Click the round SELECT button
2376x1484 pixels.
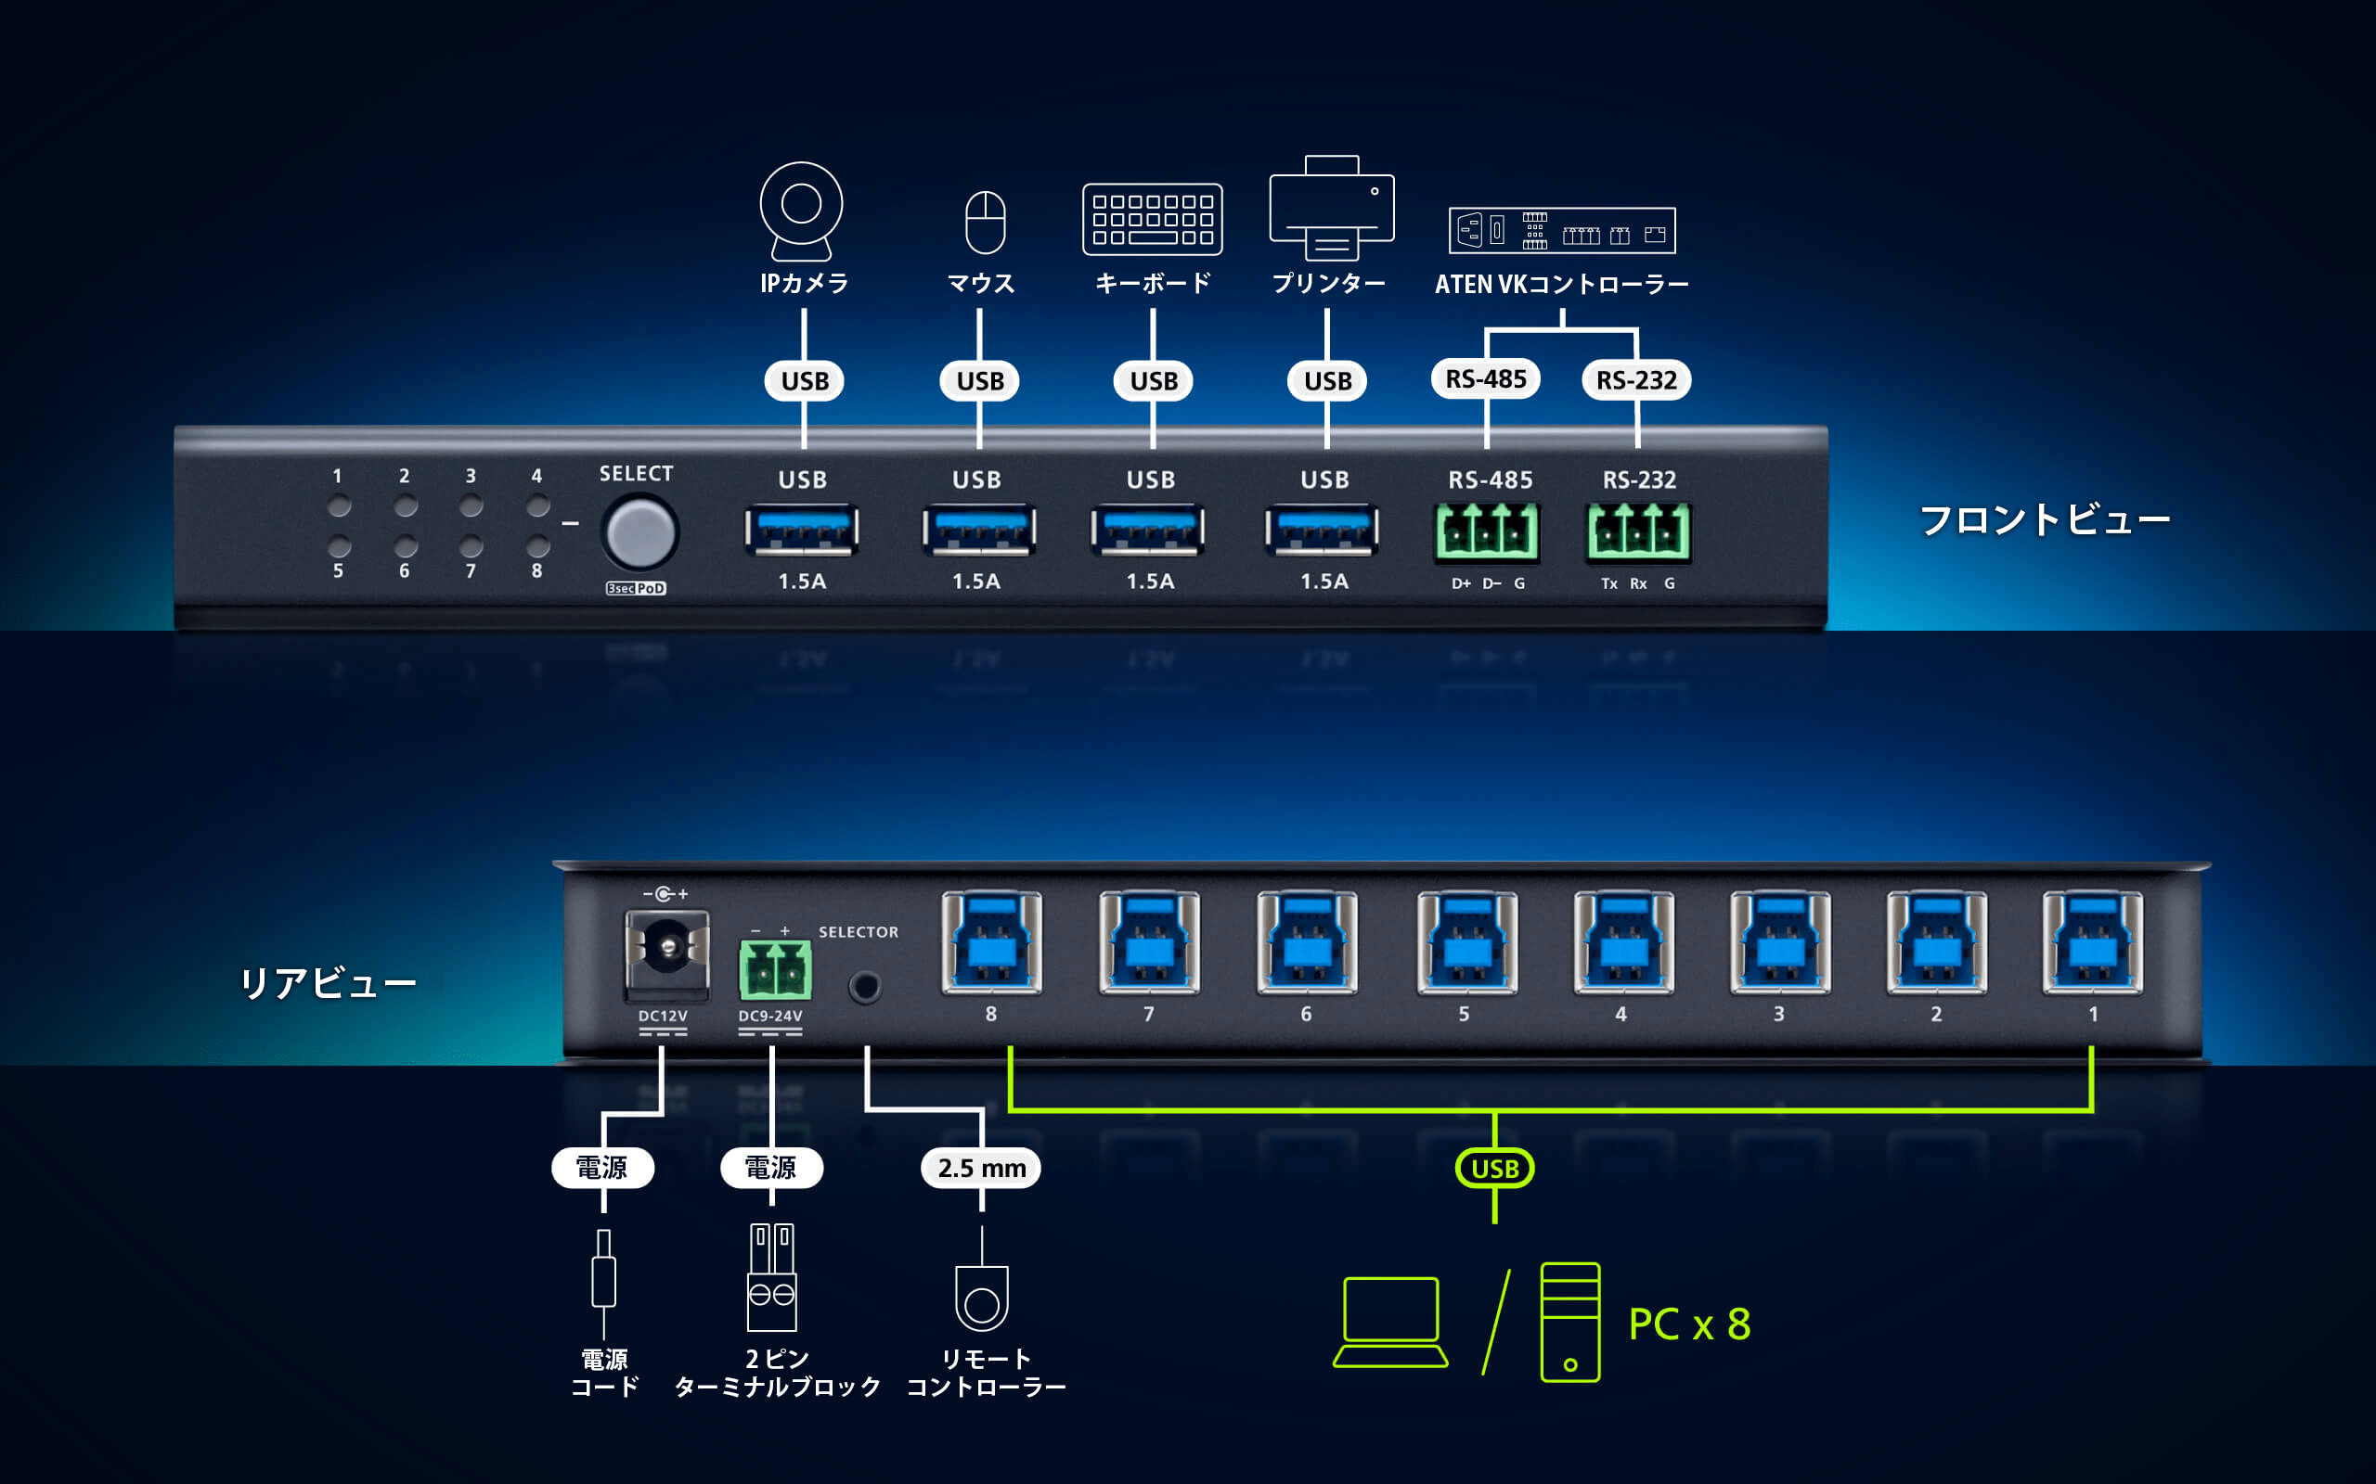pos(640,533)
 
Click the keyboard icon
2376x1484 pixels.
pos(1152,219)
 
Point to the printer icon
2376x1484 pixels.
pos(1331,207)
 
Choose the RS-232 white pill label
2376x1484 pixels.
pos(1635,380)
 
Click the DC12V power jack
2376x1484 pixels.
pos(667,949)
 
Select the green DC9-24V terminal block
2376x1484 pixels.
pos(775,967)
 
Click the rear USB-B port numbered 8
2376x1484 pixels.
pos(991,943)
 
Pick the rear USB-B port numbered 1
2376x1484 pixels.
pos(2092,943)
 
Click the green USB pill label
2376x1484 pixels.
pos(1494,1168)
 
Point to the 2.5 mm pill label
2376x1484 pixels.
pos(981,1168)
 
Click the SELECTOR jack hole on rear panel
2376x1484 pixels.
pos(865,986)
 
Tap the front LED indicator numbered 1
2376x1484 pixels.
pos(339,506)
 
